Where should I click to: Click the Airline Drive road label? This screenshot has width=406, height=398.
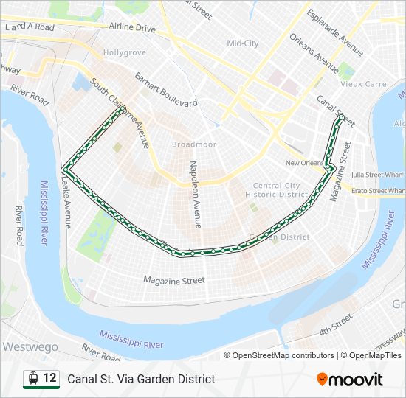coord(132,28)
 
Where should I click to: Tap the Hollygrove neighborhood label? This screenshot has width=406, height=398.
coord(125,53)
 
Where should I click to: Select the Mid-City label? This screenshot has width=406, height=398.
coord(242,43)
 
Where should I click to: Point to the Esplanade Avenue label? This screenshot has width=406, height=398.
coord(335,33)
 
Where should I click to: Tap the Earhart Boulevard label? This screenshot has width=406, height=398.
coord(165,89)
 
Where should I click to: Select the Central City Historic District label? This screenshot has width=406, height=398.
coord(280,189)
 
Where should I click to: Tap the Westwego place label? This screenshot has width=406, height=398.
coord(29,346)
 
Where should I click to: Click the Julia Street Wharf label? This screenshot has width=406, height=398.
coord(377,175)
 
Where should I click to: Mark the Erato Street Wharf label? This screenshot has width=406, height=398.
coord(378,191)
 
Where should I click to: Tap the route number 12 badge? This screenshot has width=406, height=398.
coord(49,377)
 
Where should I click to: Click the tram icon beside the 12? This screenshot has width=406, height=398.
coord(32,378)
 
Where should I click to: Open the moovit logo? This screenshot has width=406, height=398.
coord(350,380)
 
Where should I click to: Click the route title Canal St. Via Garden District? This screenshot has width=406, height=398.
coord(141,379)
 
